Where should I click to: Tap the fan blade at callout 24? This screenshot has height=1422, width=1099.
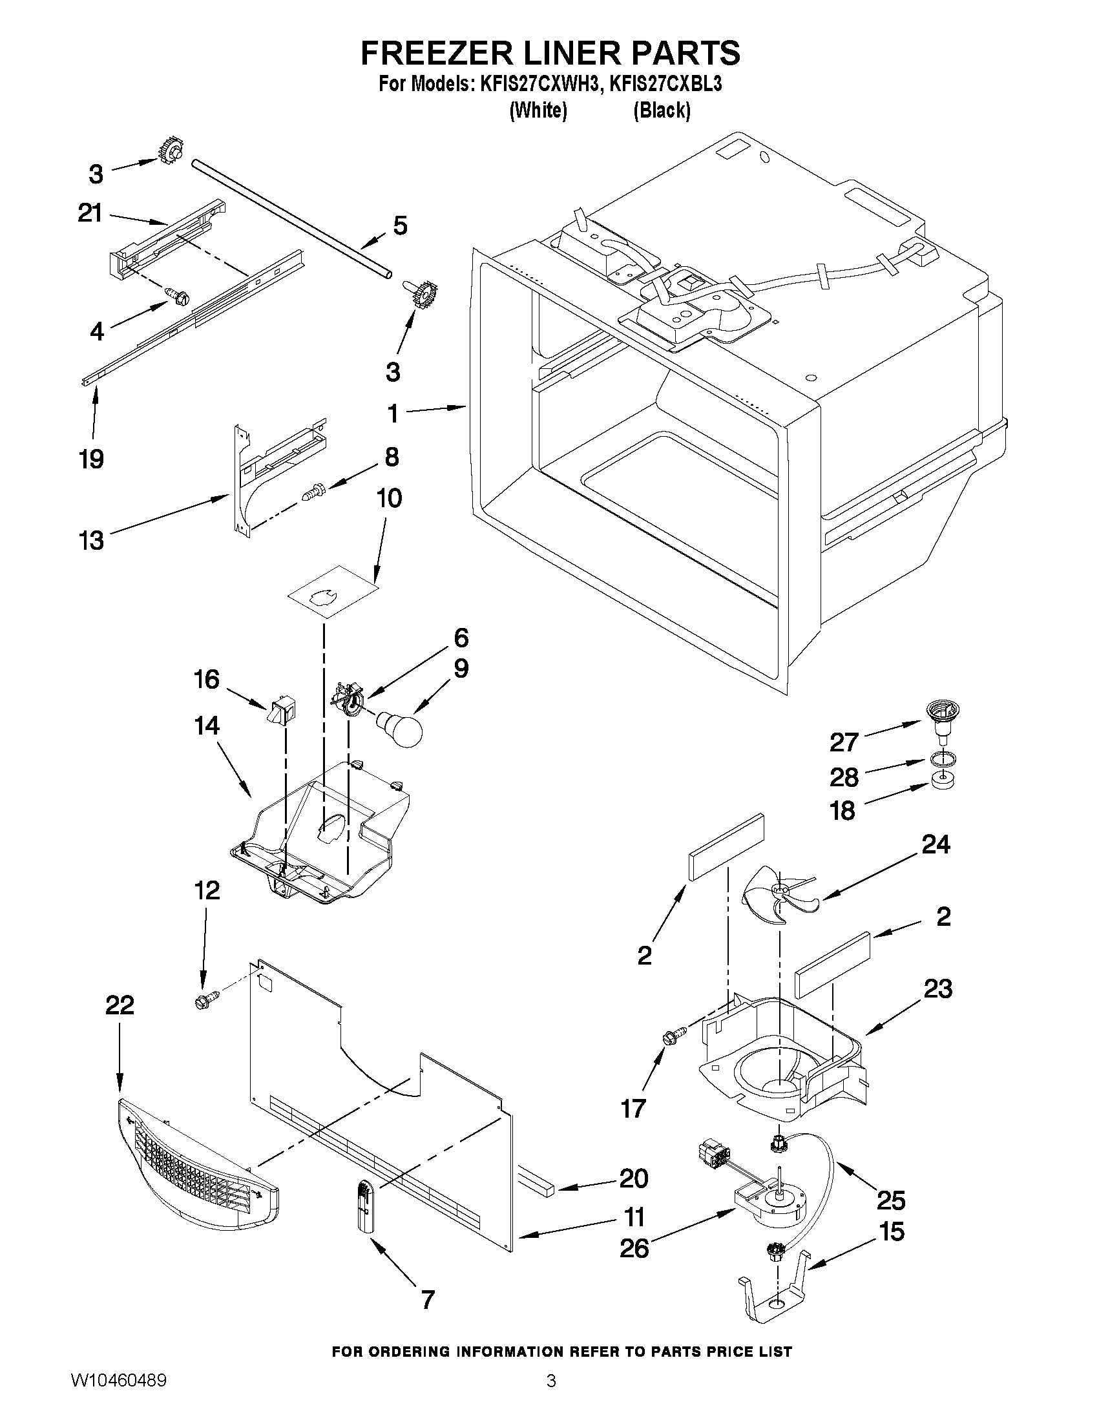coord(777,897)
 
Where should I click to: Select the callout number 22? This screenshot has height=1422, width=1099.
coord(120,1005)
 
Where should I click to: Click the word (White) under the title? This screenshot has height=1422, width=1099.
coord(538,110)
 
